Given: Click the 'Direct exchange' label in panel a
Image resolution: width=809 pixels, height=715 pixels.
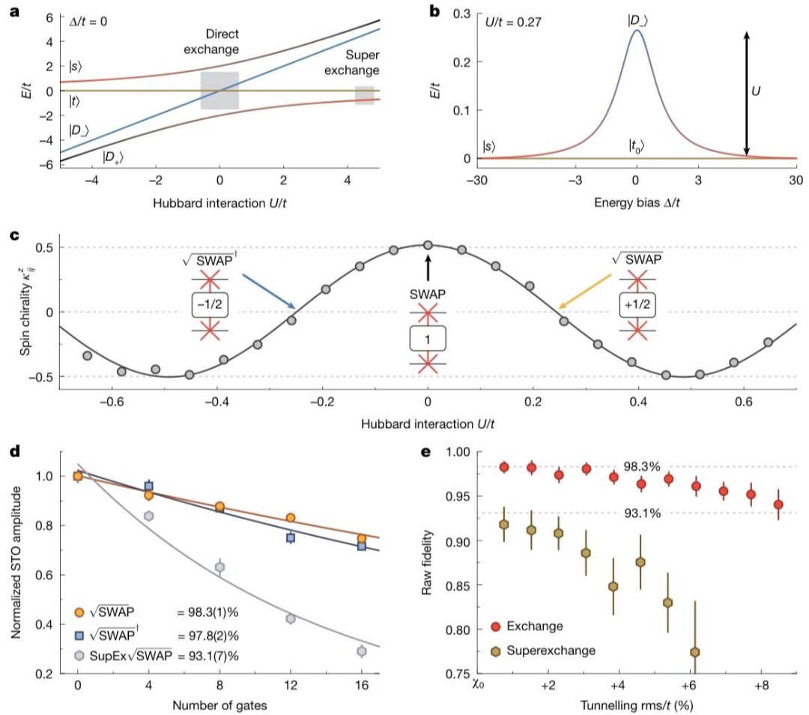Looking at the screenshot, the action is tap(211, 42).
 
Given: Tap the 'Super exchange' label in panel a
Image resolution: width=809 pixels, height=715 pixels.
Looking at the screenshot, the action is tap(352, 62).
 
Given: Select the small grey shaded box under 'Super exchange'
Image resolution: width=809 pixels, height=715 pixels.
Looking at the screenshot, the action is tap(364, 95).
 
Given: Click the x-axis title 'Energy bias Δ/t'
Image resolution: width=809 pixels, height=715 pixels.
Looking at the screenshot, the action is tap(637, 202).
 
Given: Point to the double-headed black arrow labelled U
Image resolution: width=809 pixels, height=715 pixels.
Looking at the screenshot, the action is tap(746, 93).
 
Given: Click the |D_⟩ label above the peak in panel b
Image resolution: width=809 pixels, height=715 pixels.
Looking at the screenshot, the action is tap(637, 21).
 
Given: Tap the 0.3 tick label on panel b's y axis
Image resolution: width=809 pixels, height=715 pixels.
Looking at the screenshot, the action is tap(461, 13).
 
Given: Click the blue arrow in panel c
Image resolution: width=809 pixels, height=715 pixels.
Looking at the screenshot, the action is tap(268, 292).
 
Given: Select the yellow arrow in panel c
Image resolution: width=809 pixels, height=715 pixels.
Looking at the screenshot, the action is tap(585, 292).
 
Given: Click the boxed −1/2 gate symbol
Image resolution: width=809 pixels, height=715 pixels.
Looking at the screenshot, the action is tap(210, 304).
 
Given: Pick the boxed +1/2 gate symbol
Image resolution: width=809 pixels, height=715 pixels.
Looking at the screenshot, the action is tap(637, 304).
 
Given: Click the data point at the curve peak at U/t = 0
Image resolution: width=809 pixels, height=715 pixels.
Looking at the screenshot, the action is tap(428, 245).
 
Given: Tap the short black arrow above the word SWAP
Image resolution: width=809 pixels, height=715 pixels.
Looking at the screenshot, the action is tap(428, 268).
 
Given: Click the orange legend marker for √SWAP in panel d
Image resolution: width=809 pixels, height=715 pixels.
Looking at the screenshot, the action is tap(79, 612).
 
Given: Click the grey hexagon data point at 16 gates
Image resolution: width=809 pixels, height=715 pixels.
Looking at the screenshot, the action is tap(362, 651).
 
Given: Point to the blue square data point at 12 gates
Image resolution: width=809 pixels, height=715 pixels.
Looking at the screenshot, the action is tap(291, 537).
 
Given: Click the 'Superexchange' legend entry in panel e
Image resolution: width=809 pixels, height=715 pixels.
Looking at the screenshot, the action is tap(551, 651).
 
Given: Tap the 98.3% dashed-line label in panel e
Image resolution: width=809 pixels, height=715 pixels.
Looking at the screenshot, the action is tap(642, 467).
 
